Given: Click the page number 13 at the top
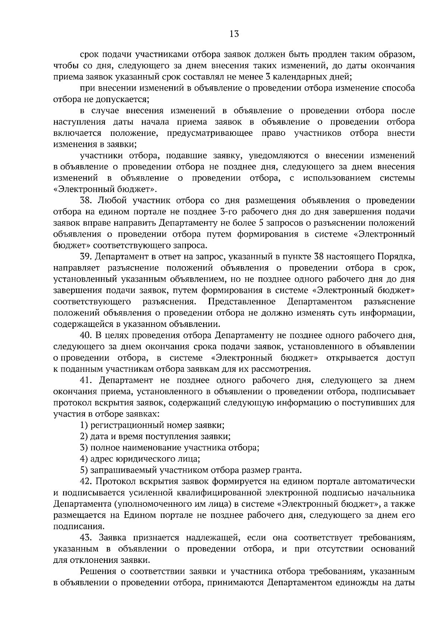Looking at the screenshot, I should (234, 34).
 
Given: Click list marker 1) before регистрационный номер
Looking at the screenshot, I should (84, 425).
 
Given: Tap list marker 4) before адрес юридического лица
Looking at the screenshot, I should (84, 459).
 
